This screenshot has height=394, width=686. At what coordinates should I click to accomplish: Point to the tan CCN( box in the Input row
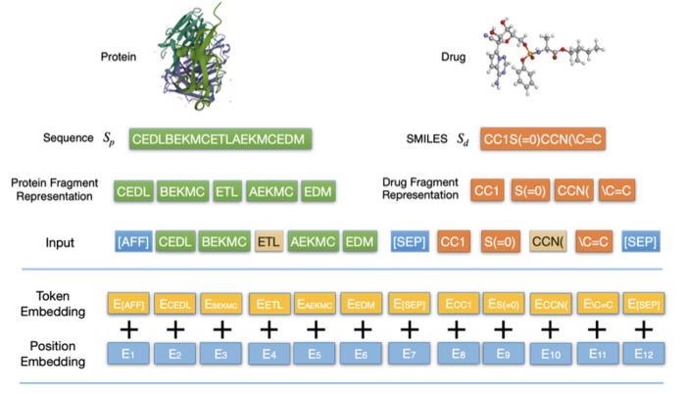[549, 240]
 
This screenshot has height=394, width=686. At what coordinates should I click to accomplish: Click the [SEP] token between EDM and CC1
[409, 240]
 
